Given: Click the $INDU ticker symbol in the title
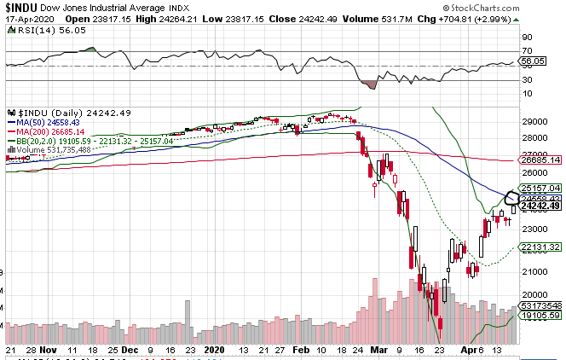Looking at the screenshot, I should pos(20,7).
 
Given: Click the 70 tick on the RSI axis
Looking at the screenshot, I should pos(528,38).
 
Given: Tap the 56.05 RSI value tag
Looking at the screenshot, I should pos(534,61).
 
